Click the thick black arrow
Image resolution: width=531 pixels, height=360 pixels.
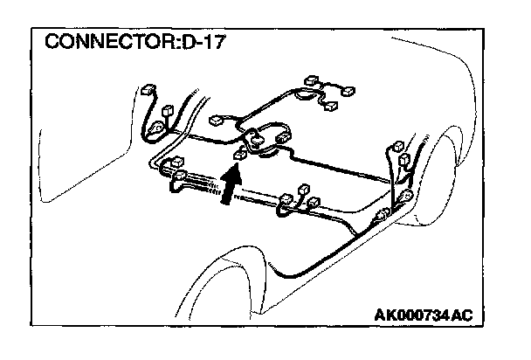click(x=228, y=185)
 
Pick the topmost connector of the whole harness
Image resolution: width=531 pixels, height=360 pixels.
click(x=312, y=81)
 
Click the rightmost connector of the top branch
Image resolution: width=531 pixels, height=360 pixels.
click(x=348, y=90)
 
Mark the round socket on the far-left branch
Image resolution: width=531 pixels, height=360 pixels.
click(x=157, y=131)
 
